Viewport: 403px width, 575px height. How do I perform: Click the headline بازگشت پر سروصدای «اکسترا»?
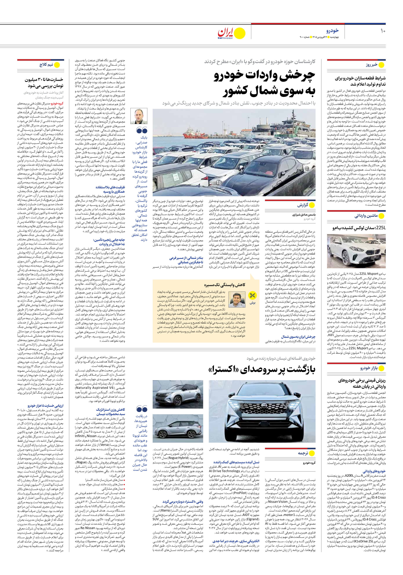(262, 369)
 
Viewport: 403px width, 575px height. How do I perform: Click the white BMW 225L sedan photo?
(356, 251)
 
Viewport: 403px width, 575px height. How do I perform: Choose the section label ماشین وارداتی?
(366, 216)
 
